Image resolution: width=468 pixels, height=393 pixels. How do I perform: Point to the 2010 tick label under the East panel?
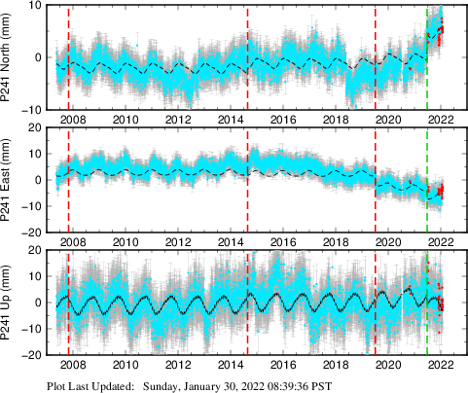coord(126,242)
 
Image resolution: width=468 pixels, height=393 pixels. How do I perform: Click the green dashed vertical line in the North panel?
coord(427,58)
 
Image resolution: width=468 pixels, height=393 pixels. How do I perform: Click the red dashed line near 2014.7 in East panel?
coord(247,180)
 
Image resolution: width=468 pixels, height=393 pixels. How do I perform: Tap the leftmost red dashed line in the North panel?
coord(68,58)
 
